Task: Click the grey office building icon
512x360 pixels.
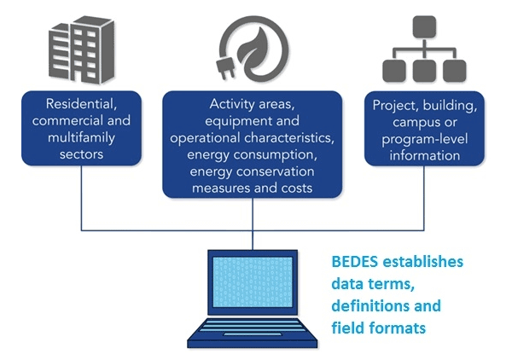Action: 82,49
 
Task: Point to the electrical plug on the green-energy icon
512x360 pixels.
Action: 225,68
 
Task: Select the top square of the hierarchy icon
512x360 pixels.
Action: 424,26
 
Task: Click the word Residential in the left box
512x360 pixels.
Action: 81,104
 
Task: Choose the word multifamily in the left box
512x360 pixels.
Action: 81,137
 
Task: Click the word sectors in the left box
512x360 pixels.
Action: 81,154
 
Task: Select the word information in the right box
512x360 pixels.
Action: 424,155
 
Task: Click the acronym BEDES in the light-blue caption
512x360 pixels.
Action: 355,262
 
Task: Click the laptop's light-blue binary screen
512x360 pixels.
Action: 253,282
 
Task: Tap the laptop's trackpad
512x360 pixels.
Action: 252,334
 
